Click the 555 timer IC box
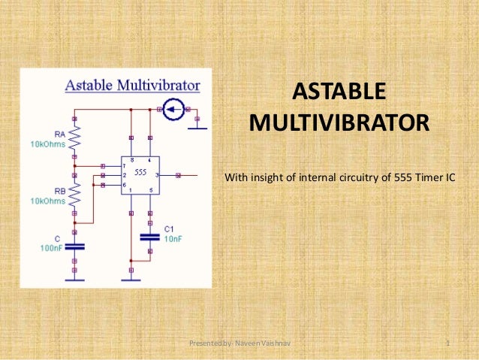click(140, 175)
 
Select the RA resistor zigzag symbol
click(74, 138)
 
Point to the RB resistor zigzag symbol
click(74, 195)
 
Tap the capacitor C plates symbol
click(74, 246)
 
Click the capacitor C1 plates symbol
click(150, 237)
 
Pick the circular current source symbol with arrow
click(173, 111)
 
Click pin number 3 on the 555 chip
click(156, 175)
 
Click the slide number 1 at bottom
click(447, 343)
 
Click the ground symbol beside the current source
click(197, 128)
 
